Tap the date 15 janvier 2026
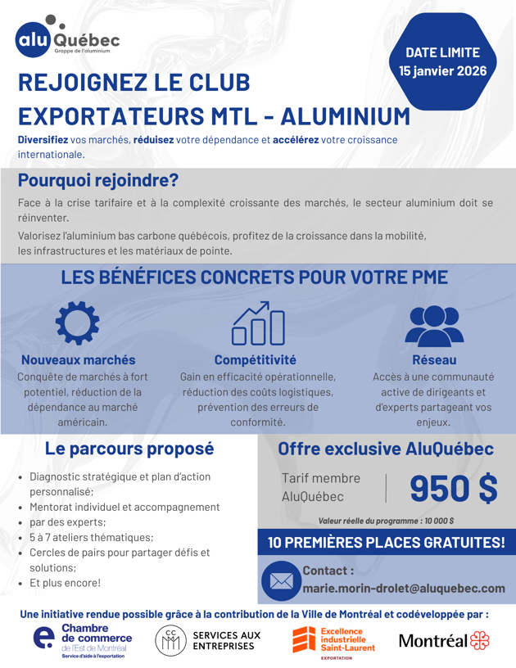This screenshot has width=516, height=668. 443,71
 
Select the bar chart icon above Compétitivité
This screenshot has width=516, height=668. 257,323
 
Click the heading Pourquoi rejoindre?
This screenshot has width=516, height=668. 98,179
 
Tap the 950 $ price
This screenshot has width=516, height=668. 453,487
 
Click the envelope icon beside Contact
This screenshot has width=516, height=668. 281,580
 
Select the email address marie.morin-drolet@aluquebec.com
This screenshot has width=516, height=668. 404,588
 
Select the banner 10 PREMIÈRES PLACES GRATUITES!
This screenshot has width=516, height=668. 387,542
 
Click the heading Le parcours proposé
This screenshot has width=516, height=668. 129,449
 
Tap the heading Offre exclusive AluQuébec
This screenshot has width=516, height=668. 386,449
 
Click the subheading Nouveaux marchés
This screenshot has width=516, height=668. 79,359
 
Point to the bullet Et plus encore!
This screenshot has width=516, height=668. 66,583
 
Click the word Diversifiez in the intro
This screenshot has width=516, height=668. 43,140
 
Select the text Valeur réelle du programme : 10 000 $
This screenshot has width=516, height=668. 387,520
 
